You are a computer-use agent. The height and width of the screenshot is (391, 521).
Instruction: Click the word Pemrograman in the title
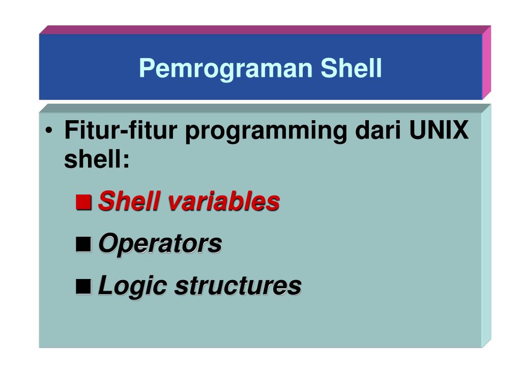pyautogui.click(x=225, y=69)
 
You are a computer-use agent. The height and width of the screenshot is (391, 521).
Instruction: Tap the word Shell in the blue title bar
pyautogui.click(x=351, y=68)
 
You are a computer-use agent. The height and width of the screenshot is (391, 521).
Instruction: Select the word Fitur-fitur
pyautogui.click(x=121, y=130)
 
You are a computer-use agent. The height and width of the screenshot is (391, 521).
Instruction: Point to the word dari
pyautogui.click(x=378, y=130)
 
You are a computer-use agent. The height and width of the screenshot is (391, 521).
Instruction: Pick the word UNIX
pyautogui.click(x=439, y=130)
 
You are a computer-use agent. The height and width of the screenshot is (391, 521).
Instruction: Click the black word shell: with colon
pyautogui.click(x=97, y=159)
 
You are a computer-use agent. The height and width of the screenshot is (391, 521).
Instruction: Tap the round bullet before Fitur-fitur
pyautogui.click(x=49, y=130)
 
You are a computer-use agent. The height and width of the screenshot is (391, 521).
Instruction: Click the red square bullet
pyautogui.click(x=84, y=202)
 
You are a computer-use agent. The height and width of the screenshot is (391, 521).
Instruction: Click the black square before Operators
pyautogui.click(x=84, y=244)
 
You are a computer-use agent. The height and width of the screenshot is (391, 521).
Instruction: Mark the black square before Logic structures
pyautogui.click(x=84, y=286)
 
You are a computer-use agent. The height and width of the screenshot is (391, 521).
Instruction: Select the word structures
pyautogui.click(x=238, y=286)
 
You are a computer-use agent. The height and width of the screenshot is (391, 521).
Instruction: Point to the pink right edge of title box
pyautogui.click(x=486, y=63)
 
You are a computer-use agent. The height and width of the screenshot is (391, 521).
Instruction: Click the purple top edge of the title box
pyautogui.click(x=265, y=30)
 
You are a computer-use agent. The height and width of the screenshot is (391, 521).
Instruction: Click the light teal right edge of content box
pyautogui.click(x=486, y=226)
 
